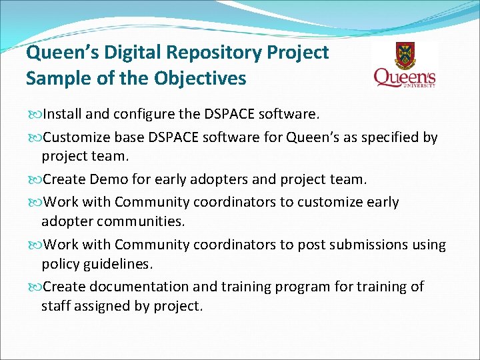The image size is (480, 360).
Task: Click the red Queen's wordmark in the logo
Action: point(404,77)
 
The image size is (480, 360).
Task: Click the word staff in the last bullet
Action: point(55,307)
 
